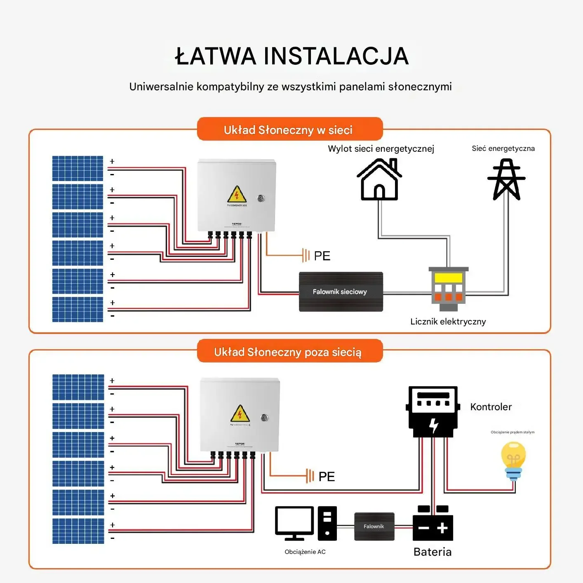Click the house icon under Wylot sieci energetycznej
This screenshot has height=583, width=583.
(x=379, y=180)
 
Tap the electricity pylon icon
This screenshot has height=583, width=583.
(x=506, y=179)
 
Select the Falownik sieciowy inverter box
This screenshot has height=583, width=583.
(x=341, y=291)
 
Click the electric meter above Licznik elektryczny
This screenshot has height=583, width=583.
(x=449, y=288)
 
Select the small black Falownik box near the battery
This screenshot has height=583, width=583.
(x=374, y=527)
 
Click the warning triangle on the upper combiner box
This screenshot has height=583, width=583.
(x=237, y=195)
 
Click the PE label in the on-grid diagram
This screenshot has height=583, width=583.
(x=322, y=256)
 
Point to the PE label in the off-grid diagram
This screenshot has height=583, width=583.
(x=327, y=477)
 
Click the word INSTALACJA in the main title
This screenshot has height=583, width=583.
(x=336, y=56)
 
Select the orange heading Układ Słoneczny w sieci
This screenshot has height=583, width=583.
(x=288, y=130)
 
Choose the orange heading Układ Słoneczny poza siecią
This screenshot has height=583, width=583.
(x=288, y=352)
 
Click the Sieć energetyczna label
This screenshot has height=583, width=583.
(x=503, y=148)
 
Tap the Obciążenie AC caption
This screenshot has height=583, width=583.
(x=305, y=552)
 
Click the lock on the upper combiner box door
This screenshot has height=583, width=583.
(x=261, y=198)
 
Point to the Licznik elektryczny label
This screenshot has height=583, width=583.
(x=448, y=322)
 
